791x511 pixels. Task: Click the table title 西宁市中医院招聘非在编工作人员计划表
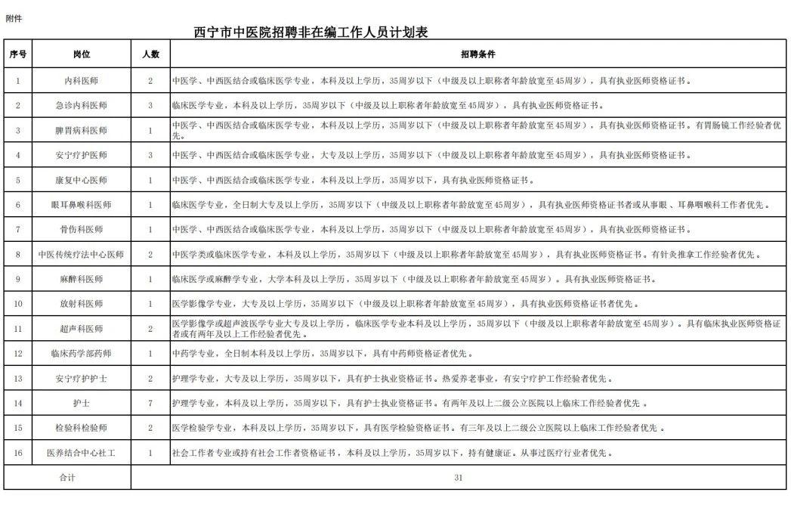(x=313, y=33)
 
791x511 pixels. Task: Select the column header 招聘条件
(x=477, y=54)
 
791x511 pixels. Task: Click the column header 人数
(x=150, y=54)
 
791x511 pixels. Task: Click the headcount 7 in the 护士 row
(x=150, y=404)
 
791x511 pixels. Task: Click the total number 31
(x=459, y=478)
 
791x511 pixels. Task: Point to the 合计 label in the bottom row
(x=67, y=478)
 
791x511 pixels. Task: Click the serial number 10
(x=18, y=304)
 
